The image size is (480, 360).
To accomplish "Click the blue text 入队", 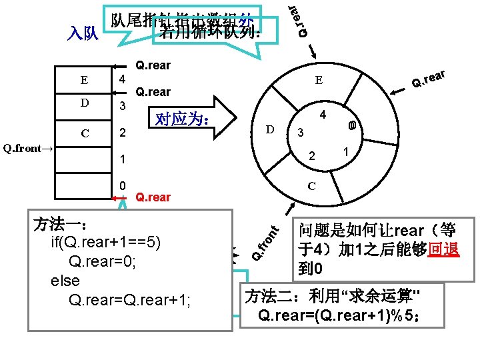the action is coord(84,33).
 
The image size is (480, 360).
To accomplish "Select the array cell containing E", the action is coord(83,81).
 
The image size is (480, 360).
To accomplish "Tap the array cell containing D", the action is coord(83,104).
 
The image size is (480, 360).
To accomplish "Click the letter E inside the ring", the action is coord(319,81).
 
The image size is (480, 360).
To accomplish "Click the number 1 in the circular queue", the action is coord(346,151).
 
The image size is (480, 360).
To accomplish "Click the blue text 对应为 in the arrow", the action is coord(183,120).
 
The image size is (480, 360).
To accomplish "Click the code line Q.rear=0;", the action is coord(103,261).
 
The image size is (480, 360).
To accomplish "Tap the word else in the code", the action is coord(65,281).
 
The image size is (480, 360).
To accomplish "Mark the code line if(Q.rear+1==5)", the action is coord(105,242).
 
